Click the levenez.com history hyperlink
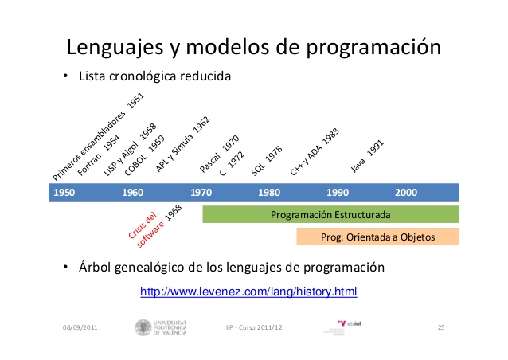pyautogui.click(x=248, y=292)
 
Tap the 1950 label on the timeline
pyautogui.click(x=64, y=193)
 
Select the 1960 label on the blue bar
pyautogui.click(x=132, y=193)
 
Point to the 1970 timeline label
pyautogui.click(x=201, y=193)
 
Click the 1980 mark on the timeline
pyautogui.click(x=269, y=193)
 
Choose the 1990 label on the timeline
pyautogui.click(x=338, y=193)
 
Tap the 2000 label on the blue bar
pyautogui.click(x=405, y=193)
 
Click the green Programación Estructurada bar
pyautogui.click(x=330, y=214)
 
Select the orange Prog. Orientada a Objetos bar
pyautogui.click(x=377, y=237)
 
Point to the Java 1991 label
pyautogui.click(x=368, y=157)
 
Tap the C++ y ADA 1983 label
pyautogui.click(x=315, y=152)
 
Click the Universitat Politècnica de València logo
pyautogui.click(x=162, y=327)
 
